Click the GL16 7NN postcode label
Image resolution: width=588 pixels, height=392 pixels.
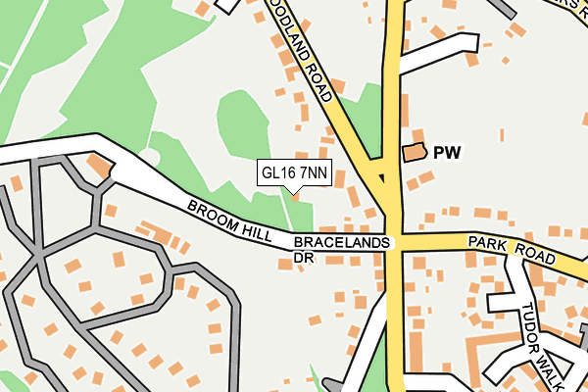coord(294,173)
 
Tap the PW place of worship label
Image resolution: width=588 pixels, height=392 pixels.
coord(447,153)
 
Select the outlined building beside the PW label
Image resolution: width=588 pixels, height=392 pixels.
coord(415,152)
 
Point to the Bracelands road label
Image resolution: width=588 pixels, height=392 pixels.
coord(341,241)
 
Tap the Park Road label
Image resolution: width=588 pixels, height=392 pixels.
coord(511,248)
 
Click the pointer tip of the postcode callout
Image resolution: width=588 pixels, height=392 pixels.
coord(292,192)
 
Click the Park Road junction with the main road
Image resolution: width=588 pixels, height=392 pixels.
coord(396,240)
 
